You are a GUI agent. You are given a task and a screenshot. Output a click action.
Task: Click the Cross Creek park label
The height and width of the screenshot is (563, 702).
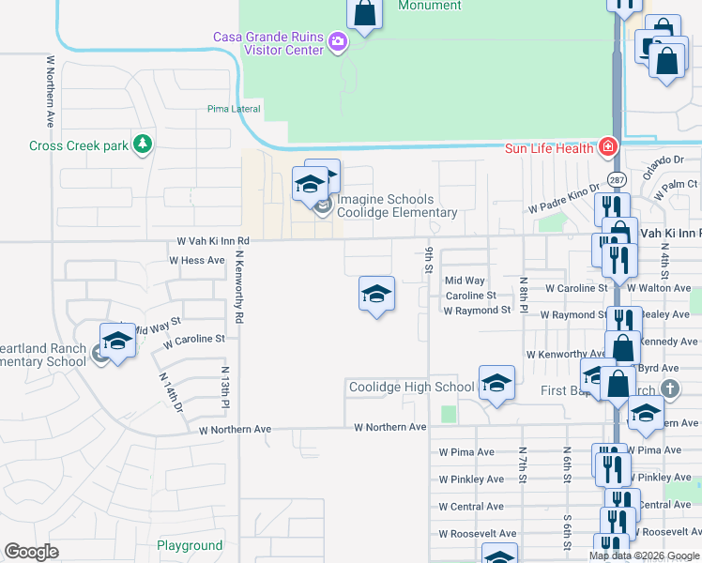77,145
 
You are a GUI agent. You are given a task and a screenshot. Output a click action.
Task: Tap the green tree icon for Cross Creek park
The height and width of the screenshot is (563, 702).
143,144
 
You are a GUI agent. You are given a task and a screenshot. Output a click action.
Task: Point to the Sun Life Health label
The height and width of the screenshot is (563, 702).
548,148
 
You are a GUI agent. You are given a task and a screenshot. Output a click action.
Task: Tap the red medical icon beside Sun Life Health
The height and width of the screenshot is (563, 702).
607,147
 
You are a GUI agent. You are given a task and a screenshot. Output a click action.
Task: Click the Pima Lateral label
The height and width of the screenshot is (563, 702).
234,109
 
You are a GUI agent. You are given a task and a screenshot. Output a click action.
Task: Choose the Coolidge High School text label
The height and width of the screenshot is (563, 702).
412,387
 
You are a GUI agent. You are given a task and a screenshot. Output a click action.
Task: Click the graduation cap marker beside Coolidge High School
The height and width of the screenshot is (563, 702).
496,383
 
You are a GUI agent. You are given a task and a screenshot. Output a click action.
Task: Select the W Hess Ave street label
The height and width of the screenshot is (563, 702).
197,260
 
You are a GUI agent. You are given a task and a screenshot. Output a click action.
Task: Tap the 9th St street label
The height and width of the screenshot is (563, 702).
429,261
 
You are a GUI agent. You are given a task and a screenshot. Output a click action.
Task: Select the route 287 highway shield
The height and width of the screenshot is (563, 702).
617,179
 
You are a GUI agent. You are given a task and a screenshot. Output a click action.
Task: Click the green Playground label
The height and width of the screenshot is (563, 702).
190,545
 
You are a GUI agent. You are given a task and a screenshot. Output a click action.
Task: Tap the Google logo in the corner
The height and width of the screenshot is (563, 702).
32,552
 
